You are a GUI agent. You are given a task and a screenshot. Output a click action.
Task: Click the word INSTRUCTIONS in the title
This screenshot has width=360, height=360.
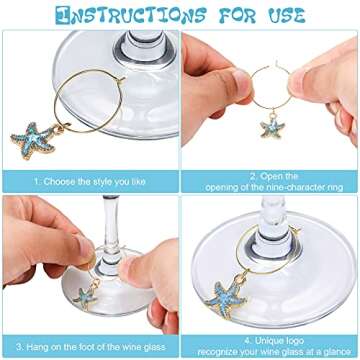tap(130, 15)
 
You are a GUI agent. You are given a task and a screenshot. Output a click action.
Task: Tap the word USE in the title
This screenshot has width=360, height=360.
tap(286, 15)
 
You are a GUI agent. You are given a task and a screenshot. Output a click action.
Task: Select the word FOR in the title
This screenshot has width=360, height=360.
tap(236, 15)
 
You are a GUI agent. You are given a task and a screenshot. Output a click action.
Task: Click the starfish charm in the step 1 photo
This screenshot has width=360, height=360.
tap(33, 139)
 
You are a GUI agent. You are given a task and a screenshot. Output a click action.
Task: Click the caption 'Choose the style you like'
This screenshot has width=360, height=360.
tap(94, 182)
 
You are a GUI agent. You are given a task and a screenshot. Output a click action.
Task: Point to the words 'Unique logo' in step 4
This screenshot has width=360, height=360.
tap(279, 341)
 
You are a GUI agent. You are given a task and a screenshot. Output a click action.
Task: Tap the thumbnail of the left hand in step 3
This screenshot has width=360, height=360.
tap(85, 249)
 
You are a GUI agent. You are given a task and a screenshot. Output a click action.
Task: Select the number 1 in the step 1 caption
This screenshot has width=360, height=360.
tap(36, 182)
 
